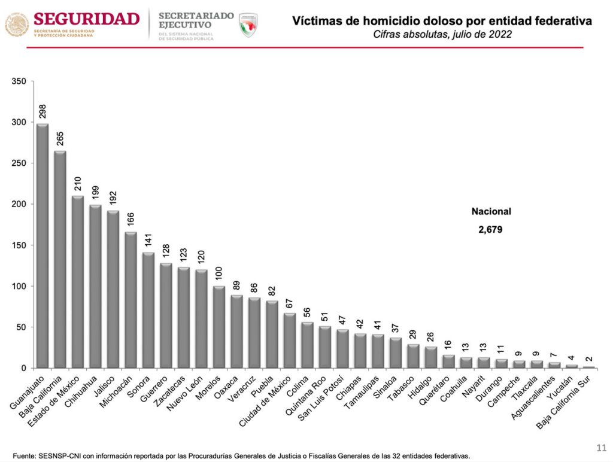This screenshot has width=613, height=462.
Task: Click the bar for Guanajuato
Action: pos(43,245)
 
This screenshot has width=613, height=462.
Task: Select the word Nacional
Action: pos(491,211)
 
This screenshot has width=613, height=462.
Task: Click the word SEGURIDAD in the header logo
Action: pos(86,19)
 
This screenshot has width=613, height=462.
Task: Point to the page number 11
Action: pos(601,447)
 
